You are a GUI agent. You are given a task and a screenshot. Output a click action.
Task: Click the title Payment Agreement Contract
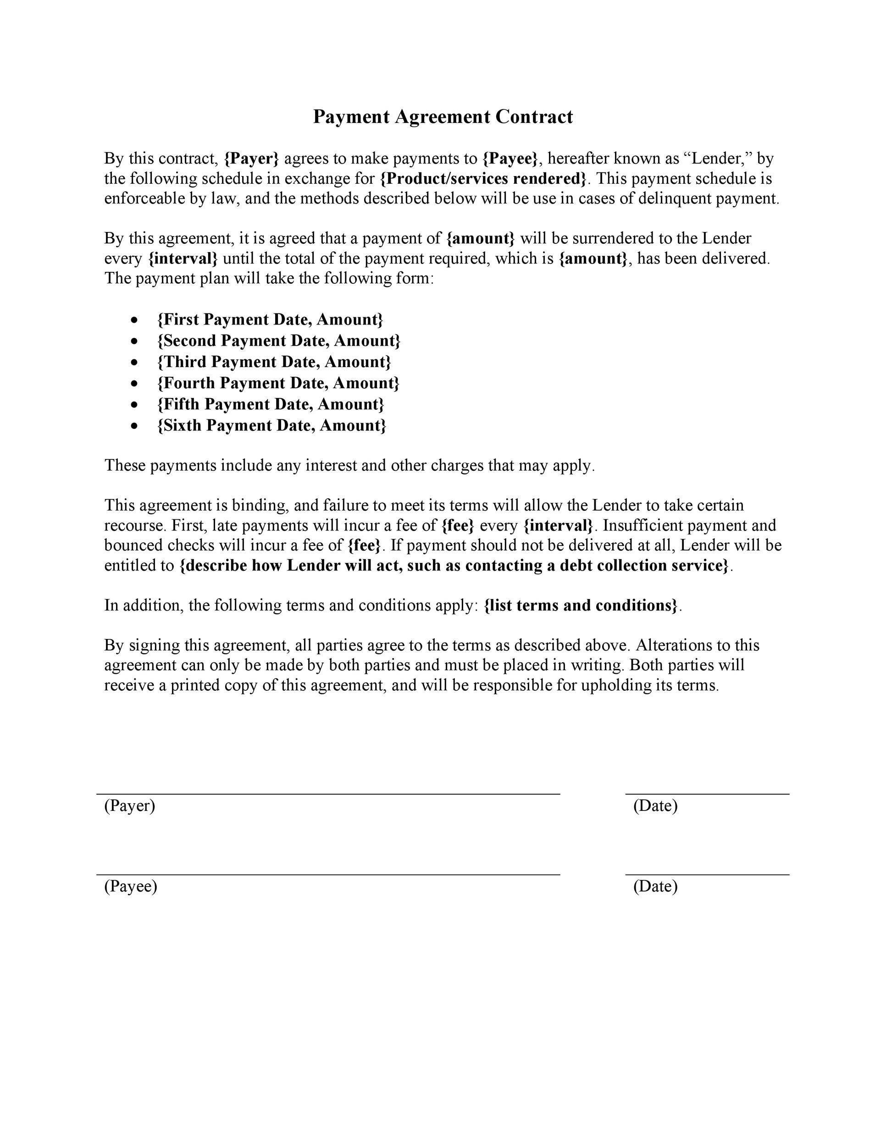coord(443,116)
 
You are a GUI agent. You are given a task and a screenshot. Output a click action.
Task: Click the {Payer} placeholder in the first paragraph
coord(251,159)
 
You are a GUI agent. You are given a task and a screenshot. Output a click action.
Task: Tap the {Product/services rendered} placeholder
coord(483,178)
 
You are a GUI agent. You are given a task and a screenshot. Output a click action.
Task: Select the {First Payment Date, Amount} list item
coord(270,320)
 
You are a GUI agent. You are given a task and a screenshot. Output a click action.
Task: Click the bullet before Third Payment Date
coord(135,362)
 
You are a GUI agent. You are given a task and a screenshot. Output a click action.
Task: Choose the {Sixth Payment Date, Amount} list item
coord(271,425)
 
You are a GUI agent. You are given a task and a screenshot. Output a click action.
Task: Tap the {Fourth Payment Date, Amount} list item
coord(278,383)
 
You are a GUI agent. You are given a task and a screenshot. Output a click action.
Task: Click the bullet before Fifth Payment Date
coord(135,405)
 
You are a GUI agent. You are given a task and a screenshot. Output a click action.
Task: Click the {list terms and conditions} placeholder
coord(581,606)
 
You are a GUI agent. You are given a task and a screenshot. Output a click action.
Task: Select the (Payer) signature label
coord(130,805)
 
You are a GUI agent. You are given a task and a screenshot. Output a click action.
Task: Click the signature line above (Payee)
coord(328,875)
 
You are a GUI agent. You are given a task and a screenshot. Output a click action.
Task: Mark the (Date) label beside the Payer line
coord(655,805)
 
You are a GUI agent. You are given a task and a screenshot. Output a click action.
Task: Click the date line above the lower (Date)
coord(707,875)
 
